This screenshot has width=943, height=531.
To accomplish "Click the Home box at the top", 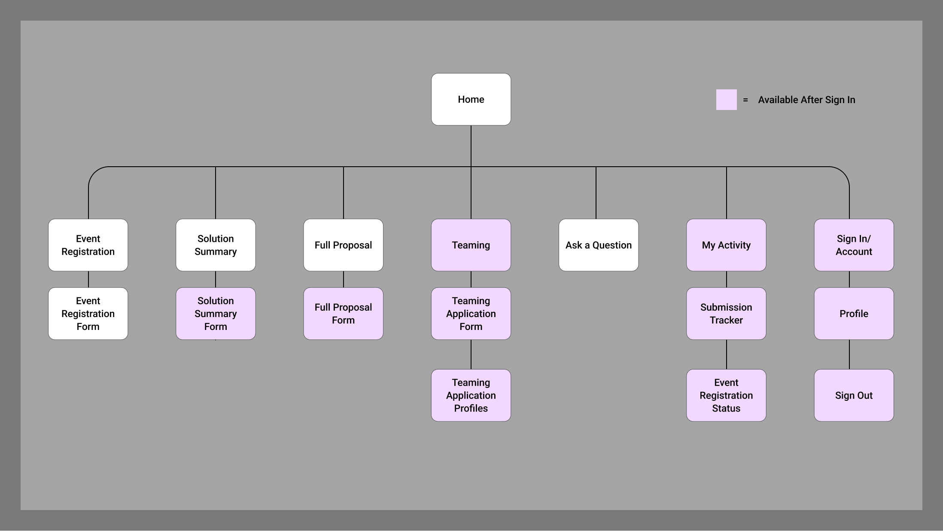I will pyautogui.click(x=471, y=99).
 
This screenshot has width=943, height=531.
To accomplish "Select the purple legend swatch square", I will pyautogui.click(x=726, y=100).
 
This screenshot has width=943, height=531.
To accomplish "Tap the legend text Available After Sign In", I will pyautogui.click(x=806, y=100).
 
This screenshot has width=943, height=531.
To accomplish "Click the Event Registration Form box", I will pyautogui.click(x=88, y=314).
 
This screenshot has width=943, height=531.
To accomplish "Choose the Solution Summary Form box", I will pyautogui.click(x=216, y=314).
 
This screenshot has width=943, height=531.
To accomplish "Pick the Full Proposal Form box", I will pyautogui.click(x=343, y=314).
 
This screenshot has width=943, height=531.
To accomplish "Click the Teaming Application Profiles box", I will pyautogui.click(x=471, y=395).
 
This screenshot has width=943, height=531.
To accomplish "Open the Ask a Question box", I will pyautogui.click(x=598, y=245).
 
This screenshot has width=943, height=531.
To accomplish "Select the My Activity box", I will pyautogui.click(x=726, y=245).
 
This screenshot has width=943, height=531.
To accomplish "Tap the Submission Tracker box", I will pyautogui.click(x=726, y=314).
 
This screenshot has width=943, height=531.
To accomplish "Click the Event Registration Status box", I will pyautogui.click(x=726, y=395).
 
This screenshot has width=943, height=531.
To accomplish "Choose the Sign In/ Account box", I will pyautogui.click(x=854, y=245).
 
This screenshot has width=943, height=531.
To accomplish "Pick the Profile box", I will pyautogui.click(x=854, y=314).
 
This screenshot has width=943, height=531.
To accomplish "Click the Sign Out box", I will pyautogui.click(x=854, y=395).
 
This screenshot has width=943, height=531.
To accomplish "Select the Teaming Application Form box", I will pyautogui.click(x=471, y=314).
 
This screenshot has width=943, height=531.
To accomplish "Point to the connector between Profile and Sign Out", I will pyautogui.click(x=849, y=354).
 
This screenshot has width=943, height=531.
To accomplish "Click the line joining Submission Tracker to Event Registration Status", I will pyautogui.click(x=727, y=354).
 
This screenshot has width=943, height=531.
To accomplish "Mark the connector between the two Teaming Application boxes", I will pyautogui.click(x=471, y=354).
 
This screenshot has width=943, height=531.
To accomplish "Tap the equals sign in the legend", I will pyautogui.click(x=745, y=100).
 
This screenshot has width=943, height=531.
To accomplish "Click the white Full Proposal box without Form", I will pyautogui.click(x=343, y=245).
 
